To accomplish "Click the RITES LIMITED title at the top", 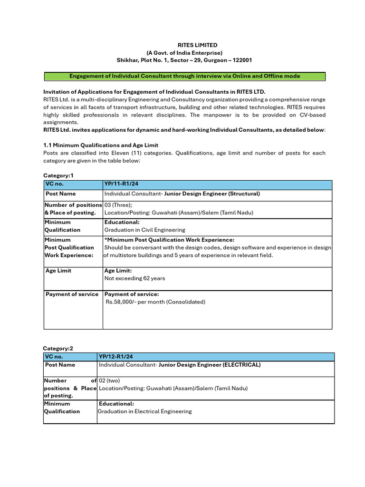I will click(184, 45).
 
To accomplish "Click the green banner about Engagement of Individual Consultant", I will click(184, 76).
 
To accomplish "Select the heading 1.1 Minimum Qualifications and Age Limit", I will click(101, 145).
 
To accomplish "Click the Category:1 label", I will click(58, 175).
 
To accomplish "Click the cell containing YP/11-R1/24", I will click(121, 184).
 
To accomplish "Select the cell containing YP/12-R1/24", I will click(115, 357).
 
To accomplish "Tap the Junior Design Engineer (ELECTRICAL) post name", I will click(210, 365).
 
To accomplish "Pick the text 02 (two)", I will click(110, 380).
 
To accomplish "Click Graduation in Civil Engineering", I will click(145, 230).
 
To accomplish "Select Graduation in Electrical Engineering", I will click(144, 411).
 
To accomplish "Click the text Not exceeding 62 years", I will click(135, 278).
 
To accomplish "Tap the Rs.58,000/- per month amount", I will click(155, 302).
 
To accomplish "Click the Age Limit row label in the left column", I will click(58, 271).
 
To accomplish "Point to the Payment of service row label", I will click(72, 294).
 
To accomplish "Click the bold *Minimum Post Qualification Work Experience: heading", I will click(169, 240).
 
